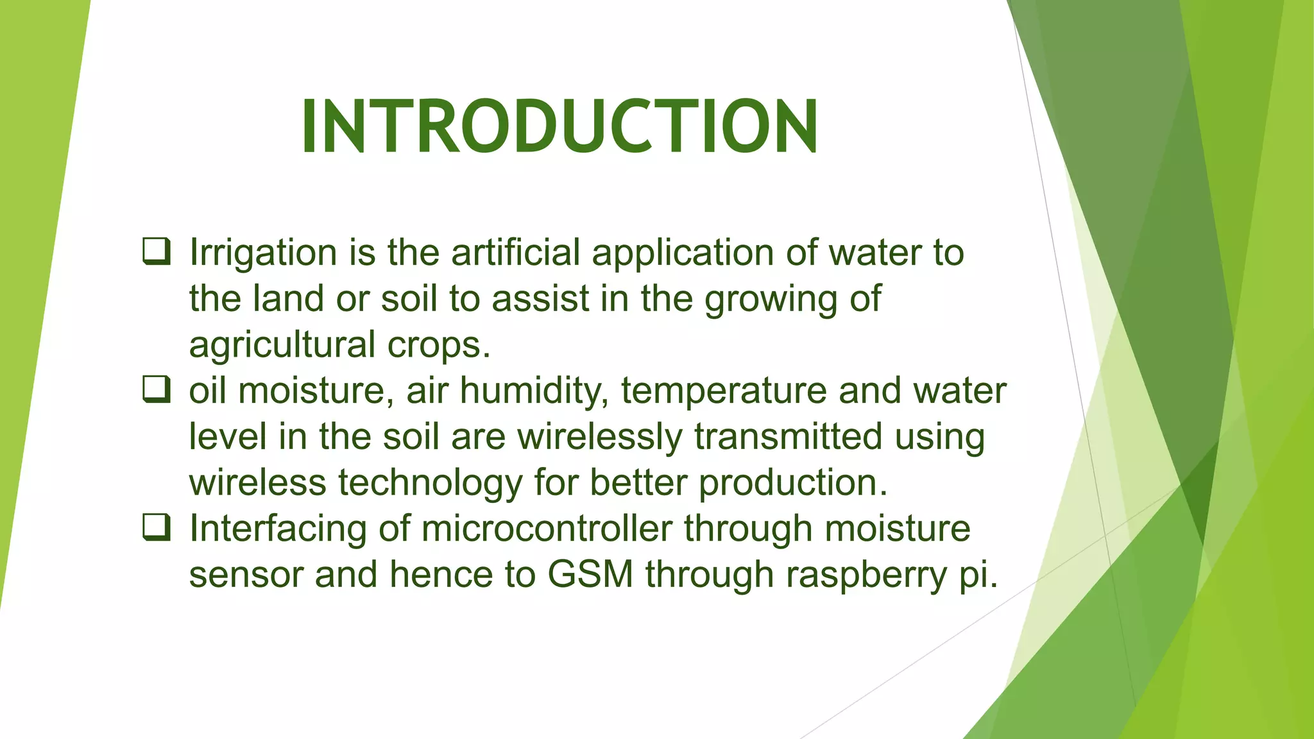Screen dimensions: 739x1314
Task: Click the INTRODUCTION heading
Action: tap(559, 127)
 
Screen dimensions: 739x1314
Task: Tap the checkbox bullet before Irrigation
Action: tap(156, 251)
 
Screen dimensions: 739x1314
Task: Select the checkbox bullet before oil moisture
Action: tap(156, 389)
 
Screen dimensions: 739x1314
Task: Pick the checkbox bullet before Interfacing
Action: tap(156, 527)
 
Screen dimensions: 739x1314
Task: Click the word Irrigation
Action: tap(262, 253)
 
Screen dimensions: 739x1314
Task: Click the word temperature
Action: tap(724, 391)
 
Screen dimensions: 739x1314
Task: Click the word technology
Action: tap(430, 484)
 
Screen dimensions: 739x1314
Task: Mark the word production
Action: tap(793, 482)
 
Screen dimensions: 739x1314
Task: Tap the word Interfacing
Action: tap(277, 530)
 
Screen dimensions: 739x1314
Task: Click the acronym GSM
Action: tap(590, 574)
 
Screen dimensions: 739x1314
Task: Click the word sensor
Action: tap(246, 575)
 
